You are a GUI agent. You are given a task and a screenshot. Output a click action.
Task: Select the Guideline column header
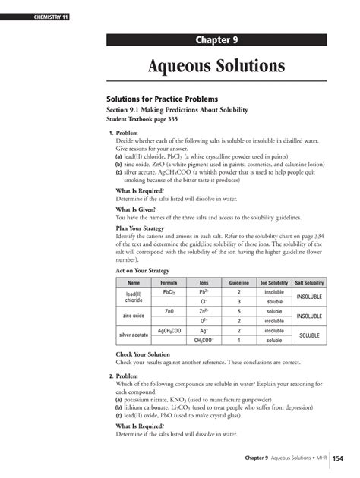click(x=238, y=282)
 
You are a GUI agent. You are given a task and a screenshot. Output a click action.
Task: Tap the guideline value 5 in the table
click(x=238, y=311)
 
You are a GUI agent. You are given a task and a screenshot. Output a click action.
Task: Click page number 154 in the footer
click(x=338, y=458)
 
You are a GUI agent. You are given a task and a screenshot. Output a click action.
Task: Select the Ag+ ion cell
click(x=204, y=331)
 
